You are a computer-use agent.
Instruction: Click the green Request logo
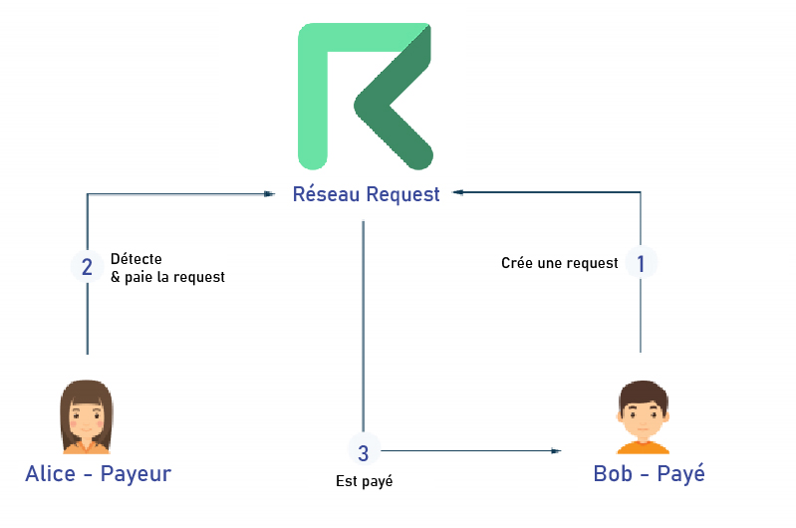tap(365, 94)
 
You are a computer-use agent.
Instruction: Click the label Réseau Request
tap(366, 194)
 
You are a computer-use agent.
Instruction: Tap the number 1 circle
tap(641, 263)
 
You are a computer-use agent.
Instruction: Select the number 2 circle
tap(88, 267)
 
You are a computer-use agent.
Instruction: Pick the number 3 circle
tap(363, 453)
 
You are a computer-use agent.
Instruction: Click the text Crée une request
tap(559, 264)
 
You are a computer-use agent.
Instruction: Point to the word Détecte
tap(136, 259)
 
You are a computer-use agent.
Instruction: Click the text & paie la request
tap(167, 277)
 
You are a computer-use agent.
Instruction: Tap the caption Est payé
tap(364, 482)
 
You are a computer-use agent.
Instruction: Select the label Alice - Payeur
tap(98, 474)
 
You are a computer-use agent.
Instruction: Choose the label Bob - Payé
tap(649, 474)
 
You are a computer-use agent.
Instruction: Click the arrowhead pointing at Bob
tap(555, 451)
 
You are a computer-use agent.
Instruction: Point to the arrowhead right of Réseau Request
tap(458, 192)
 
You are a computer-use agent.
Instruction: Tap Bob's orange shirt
tap(641, 444)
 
